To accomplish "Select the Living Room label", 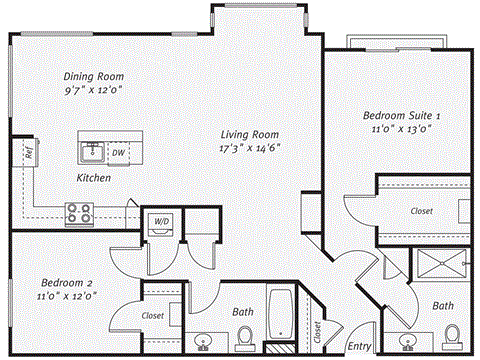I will [250, 134].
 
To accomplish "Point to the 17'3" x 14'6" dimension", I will [250, 148].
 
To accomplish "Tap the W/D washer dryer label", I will [161, 220].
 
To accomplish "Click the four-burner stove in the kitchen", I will [79, 212].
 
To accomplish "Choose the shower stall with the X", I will [439, 265].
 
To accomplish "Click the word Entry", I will [357, 347].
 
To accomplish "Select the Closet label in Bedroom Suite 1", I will [421, 212].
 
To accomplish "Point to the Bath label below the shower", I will [444, 305].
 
